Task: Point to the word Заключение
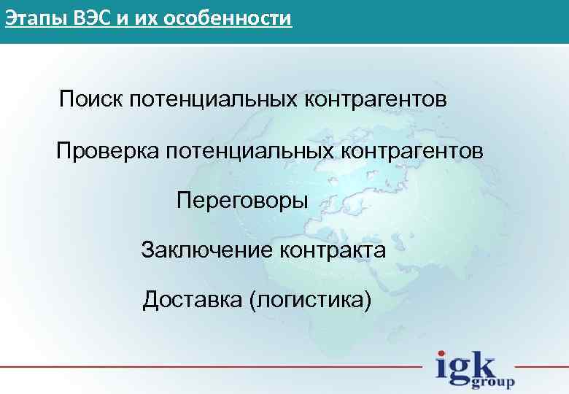(207, 251)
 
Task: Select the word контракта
(333, 251)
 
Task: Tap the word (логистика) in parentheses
(311, 300)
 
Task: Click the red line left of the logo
(212, 366)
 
